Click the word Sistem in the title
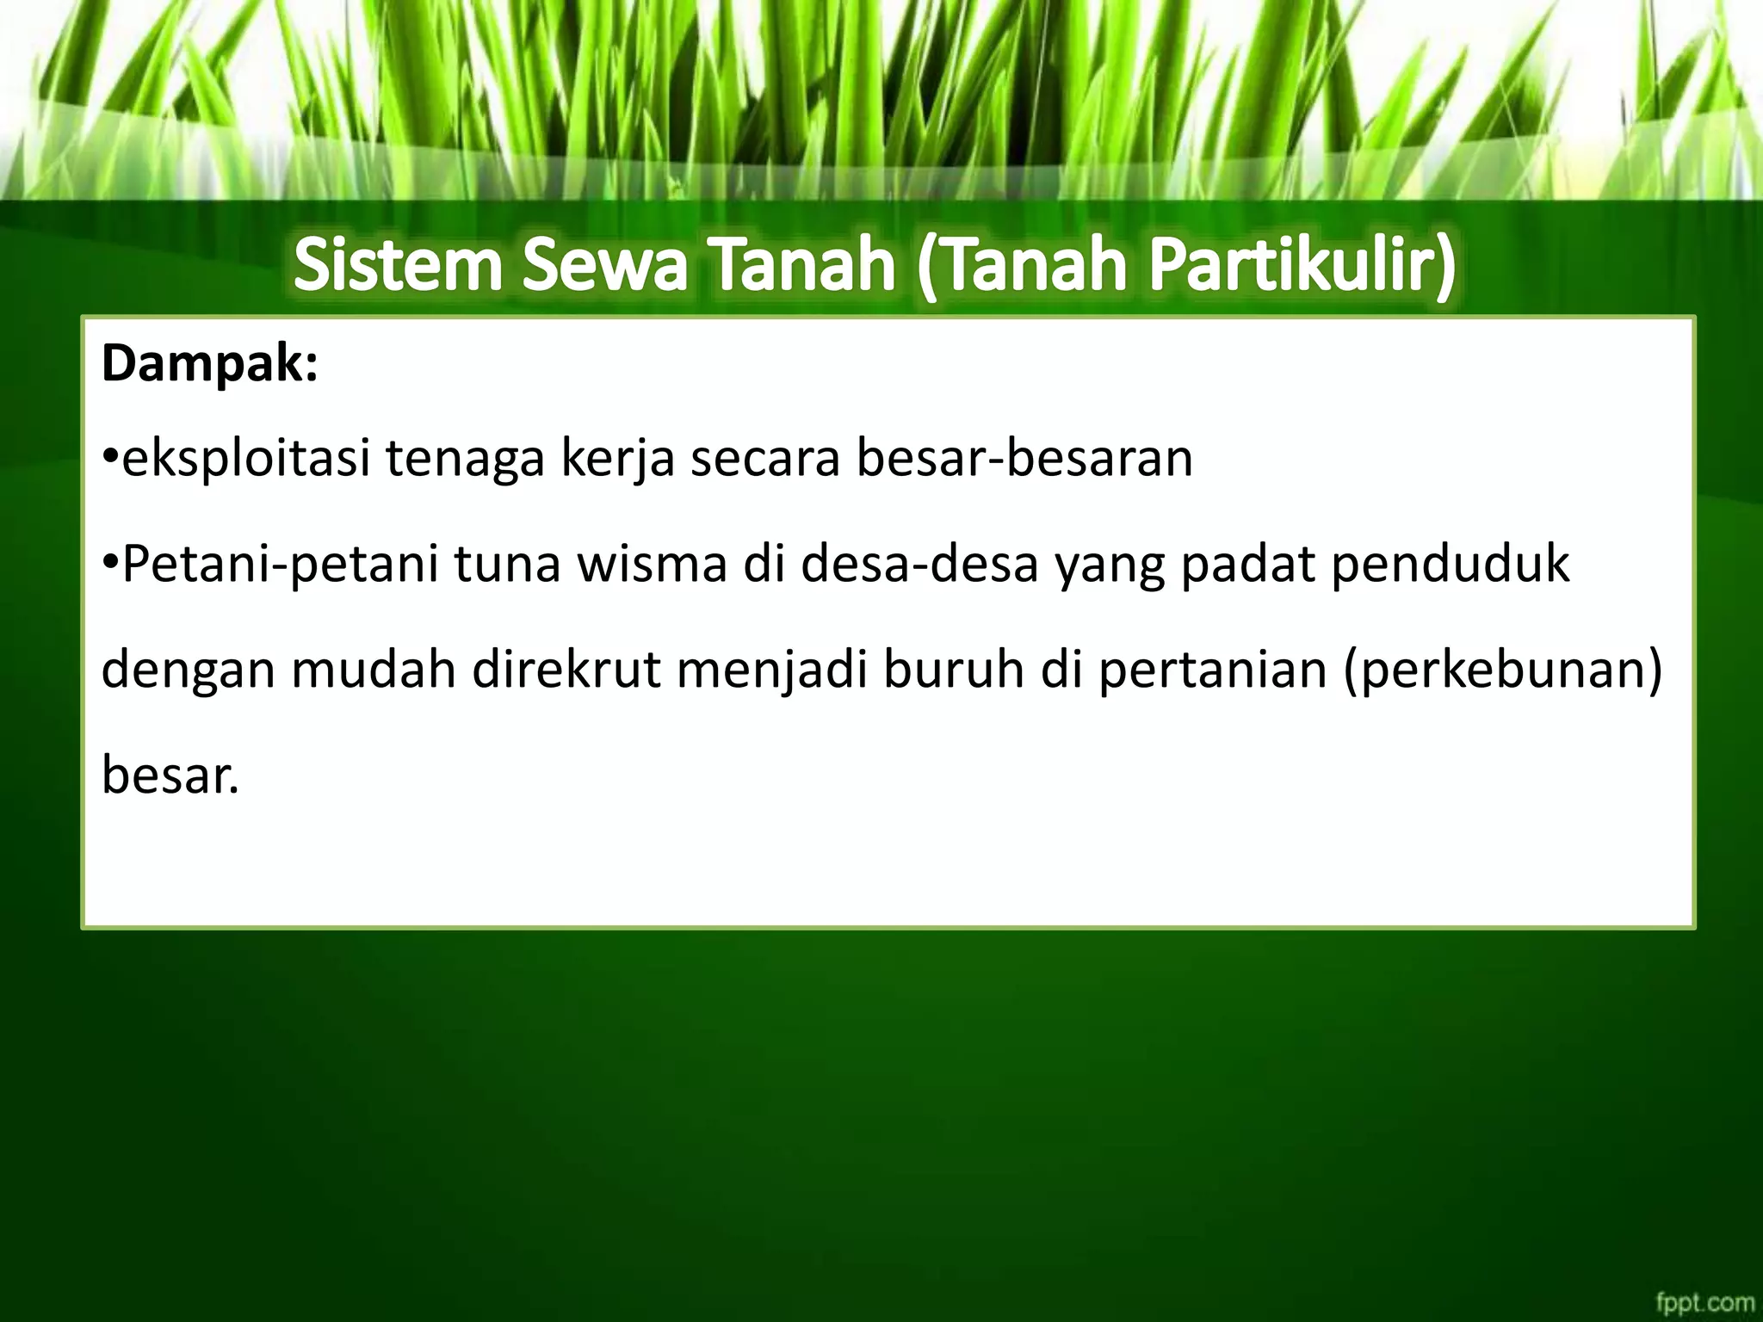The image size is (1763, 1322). pos(397,266)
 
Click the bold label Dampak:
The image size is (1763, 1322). pos(210,365)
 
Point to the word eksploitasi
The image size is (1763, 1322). pos(246,459)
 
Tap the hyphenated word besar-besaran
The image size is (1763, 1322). pos(1024,459)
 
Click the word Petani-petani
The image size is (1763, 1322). pos(280,565)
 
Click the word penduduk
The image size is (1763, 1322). pos(1450,564)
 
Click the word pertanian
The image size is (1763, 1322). pos(1213,671)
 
